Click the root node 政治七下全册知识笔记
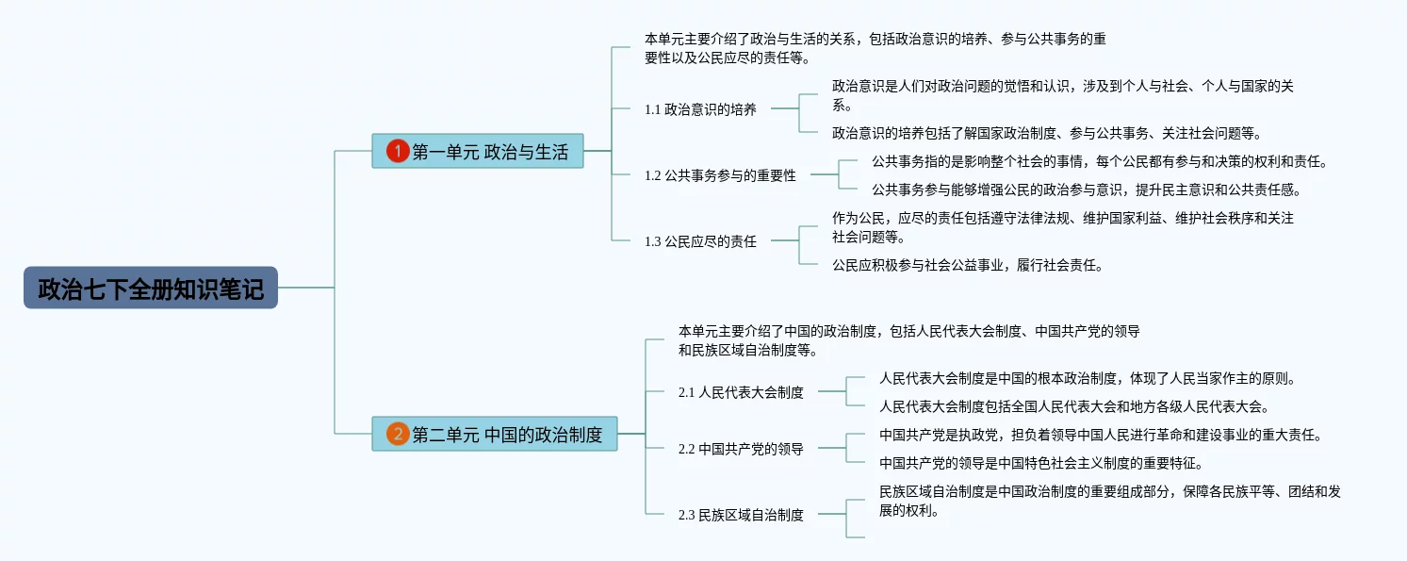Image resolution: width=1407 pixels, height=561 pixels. tap(151, 288)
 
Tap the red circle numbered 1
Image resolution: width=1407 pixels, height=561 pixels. tap(398, 151)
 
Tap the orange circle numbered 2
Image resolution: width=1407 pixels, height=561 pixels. tap(398, 434)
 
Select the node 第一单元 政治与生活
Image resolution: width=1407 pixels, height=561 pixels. tap(478, 151)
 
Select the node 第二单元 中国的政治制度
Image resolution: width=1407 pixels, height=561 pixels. tap(495, 434)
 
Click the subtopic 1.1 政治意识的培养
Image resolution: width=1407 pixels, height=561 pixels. tap(700, 109)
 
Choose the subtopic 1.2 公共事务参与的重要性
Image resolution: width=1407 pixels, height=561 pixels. tap(720, 175)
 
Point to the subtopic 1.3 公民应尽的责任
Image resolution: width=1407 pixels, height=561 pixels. tap(700, 241)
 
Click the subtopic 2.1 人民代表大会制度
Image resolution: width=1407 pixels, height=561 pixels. tap(741, 392)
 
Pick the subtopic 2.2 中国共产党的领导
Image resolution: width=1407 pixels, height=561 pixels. tap(741, 449)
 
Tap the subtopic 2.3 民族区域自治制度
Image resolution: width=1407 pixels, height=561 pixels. tap(741, 515)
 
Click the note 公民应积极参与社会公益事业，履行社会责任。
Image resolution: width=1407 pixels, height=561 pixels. tap(968, 265)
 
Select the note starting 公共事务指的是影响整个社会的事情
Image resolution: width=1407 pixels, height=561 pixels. tap(1100, 161)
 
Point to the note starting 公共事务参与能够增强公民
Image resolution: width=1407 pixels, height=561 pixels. tap(1087, 190)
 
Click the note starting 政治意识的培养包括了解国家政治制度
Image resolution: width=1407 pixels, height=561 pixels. tap(1047, 133)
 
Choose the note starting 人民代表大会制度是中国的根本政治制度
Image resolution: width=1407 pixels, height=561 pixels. tap(1088, 378)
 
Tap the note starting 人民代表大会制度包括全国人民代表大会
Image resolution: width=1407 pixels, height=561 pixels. tap(1074, 406)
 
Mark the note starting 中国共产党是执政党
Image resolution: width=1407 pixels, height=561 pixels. tap(1101, 435)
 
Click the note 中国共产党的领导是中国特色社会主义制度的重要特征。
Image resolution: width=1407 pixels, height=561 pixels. tap(1041, 463)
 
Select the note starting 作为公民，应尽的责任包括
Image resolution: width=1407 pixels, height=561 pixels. tap(1063, 227)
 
